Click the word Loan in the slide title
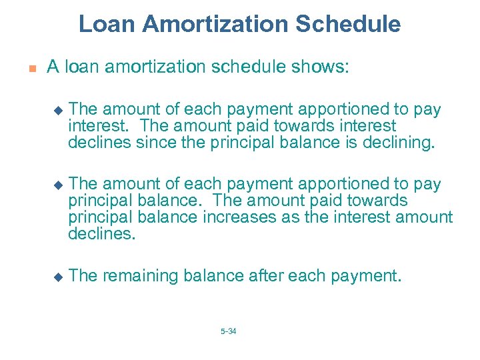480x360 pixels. pyautogui.click(x=105, y=24)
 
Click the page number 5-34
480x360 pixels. pyautogui.click(x=228, y=331)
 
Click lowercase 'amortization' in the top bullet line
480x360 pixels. pyautogui.click(x=155, y=67)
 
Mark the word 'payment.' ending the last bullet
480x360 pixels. pyautogui.click(x=370, y=276)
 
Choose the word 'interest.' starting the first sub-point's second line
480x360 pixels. pyautogui.click(x=93, y=125)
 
